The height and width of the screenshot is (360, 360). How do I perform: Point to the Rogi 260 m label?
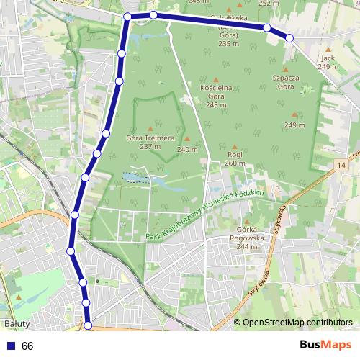pos(235,158)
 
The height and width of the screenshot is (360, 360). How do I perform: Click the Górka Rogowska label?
pos(246,236)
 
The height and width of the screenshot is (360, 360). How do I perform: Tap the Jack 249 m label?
pos(328,62)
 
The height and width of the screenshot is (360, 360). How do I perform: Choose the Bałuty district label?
pos(15,324)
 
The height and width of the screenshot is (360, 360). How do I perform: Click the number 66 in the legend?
pos(27,346)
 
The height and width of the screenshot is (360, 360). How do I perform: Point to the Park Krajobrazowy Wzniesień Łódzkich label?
pos(205,217)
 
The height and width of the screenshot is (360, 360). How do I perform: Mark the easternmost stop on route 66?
pos(289,37)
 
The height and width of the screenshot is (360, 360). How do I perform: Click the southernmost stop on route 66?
pos(88,325)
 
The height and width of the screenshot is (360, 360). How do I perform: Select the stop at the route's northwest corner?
pos(127,16)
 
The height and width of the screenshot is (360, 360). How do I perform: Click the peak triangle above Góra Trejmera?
pos(150,128)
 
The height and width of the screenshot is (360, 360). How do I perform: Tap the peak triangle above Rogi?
pos(235,146)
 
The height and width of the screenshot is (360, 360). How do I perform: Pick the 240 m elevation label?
pos(187,150)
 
